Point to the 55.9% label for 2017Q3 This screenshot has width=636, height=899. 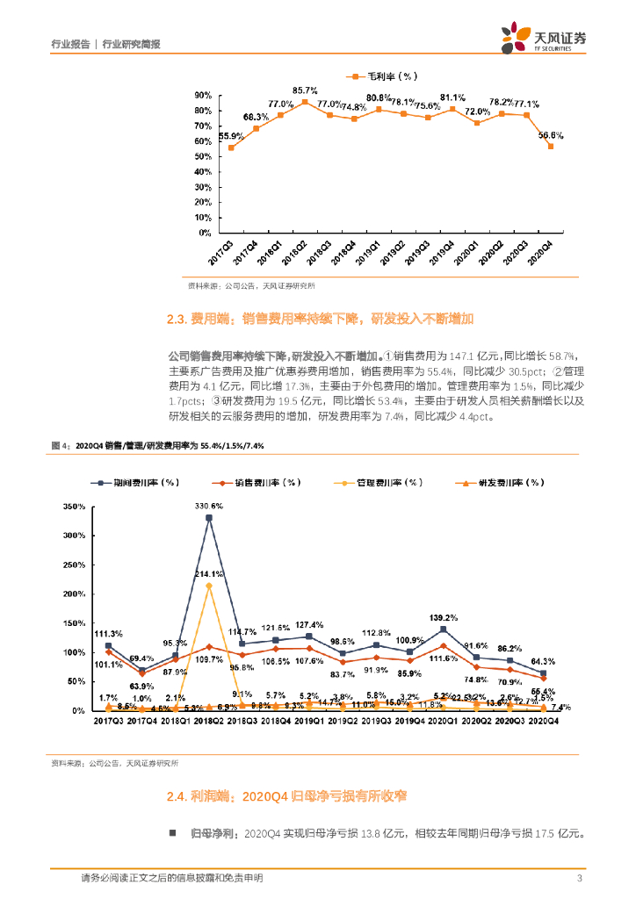[x=231, y=135]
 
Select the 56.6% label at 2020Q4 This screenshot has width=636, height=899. [x=551, y=135]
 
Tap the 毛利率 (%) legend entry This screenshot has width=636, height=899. [x=387, y=76]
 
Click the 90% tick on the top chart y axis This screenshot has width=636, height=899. [x=202, y=95]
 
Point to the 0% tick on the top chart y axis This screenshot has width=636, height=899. [x=205, y=233]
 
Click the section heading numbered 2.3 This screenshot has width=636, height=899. [x=320, y=319]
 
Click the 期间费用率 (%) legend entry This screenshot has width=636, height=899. [x=136, y=482]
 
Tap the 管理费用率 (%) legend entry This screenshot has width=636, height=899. [x=379, y=482]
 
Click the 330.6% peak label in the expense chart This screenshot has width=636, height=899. [x=208, y=507]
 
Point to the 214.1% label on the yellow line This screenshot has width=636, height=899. [x=208, y=574]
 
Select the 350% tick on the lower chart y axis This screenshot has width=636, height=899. [x=73, y=507]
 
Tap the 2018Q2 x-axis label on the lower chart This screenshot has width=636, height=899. [x=208, y=722]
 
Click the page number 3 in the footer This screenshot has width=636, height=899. [x=579, y=879]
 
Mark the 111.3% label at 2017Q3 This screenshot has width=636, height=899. [x=108, y=634]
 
